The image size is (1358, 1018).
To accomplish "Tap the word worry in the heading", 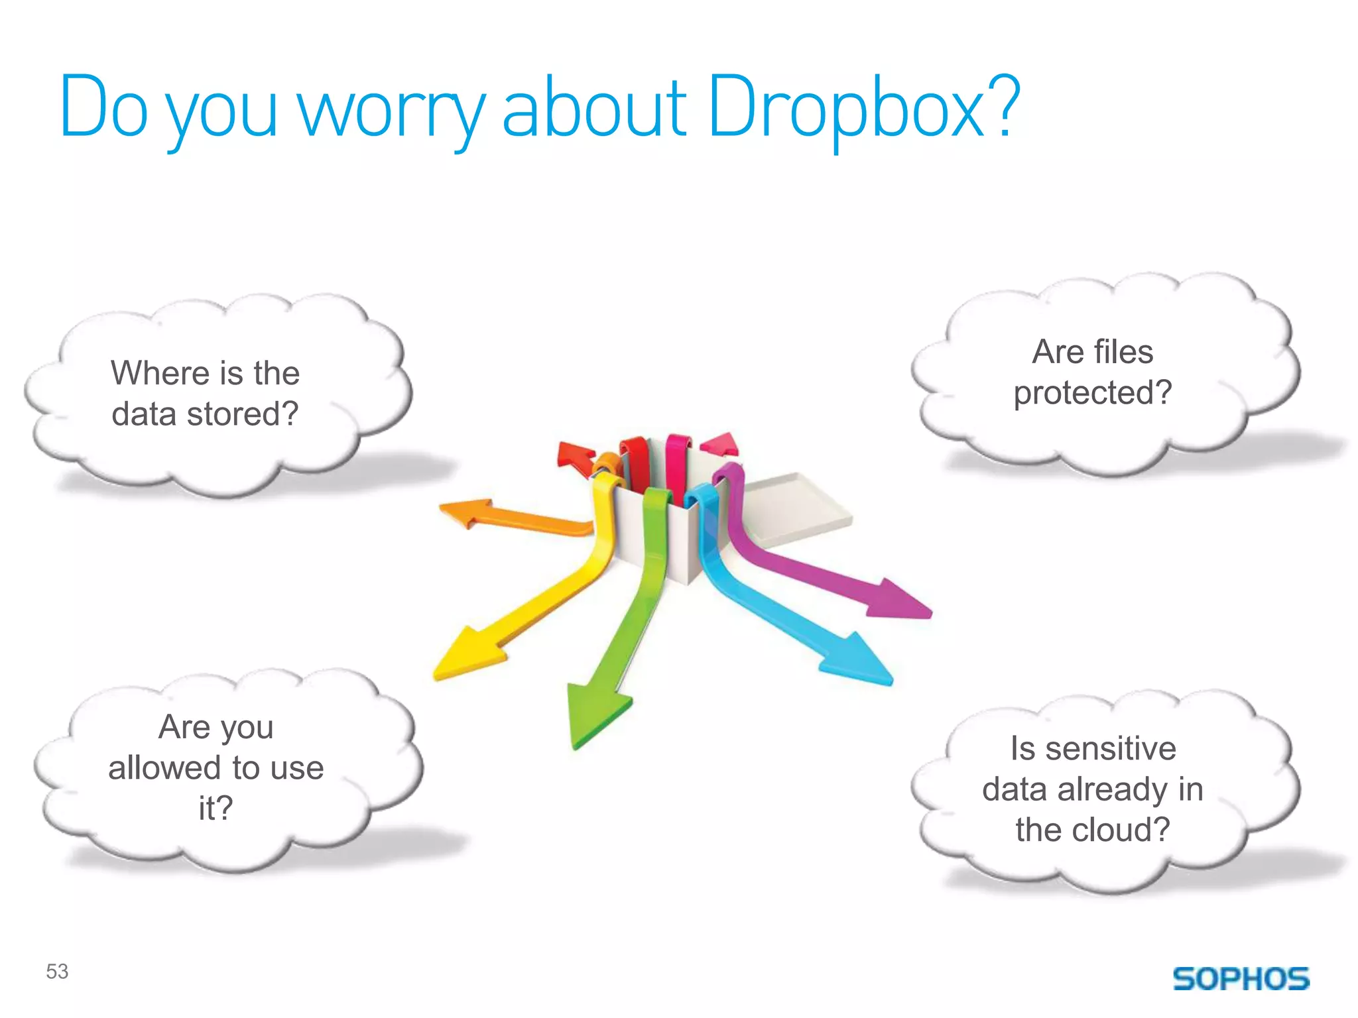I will [x=392, y=109].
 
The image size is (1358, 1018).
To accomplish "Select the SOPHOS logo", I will [x=1241, y=979].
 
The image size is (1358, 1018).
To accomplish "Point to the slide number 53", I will [x=57, y=972].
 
